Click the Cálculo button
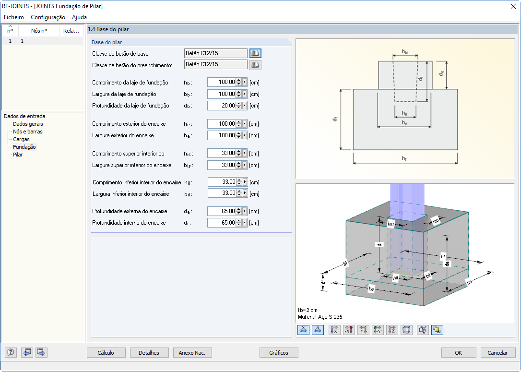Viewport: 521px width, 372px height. pos(106,353)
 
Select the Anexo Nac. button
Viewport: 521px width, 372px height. pos(192,353)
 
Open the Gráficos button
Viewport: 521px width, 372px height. pos(279,353)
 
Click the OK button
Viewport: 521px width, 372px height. pos(459,353)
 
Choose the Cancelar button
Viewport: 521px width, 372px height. pos(497,353)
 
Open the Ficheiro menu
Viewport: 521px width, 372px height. pos(14,17)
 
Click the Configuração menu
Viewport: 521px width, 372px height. pos(48,17)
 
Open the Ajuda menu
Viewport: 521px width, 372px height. pos(79,17)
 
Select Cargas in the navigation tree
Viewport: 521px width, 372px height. pos(21,139)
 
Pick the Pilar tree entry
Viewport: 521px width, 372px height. pos(18,155)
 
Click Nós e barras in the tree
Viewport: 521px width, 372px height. pos(28,132)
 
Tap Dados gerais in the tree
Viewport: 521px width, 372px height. pos(28,124)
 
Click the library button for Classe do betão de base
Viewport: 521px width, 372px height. pos(255,53)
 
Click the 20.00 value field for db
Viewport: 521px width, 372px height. pos(222,106)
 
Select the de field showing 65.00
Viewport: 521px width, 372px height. pos(222,211)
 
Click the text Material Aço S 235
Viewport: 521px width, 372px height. pos(320,317)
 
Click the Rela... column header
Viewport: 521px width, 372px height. pos(71,31)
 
